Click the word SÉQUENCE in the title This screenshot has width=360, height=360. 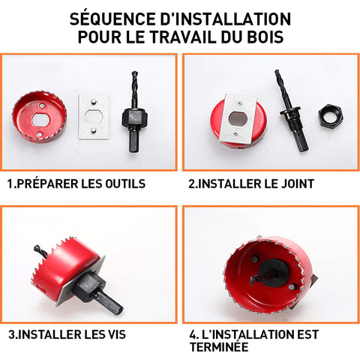(x=113, y=19)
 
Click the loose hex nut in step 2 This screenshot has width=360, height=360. (x=330, y=117)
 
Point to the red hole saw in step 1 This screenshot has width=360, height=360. (x=39, y=117)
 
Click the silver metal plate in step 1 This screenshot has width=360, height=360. (x=94, y=116)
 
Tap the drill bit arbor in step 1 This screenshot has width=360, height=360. (x=134, y=112)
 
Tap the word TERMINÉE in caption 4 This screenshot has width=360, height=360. (x=219, y=347)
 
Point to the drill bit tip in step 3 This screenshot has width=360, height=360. (x=36, y=248)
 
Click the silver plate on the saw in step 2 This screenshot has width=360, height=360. (x=238, y=118)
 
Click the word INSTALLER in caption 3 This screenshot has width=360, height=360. (x=49, y=334)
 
